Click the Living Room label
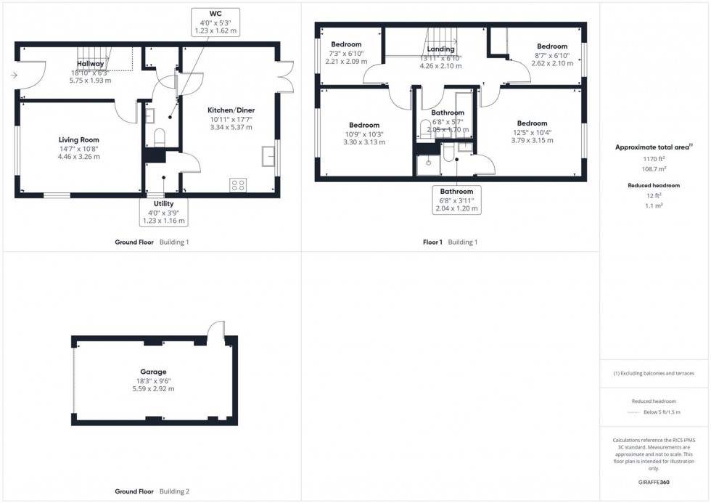(79, 139)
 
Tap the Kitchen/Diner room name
(231, 110)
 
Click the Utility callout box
(164, 212)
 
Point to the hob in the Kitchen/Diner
(237, 184)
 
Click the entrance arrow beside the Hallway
(13, 74)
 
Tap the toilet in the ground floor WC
(160, 138)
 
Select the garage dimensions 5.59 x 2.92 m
(154, 389)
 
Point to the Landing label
(440, 49)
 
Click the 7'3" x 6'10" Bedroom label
(346, 45)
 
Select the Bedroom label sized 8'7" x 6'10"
(552, 46)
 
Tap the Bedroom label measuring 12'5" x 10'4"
(532, 123)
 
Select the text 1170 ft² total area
(654, 158)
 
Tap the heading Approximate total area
(653, 147)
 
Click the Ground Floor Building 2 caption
(152, 491)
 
